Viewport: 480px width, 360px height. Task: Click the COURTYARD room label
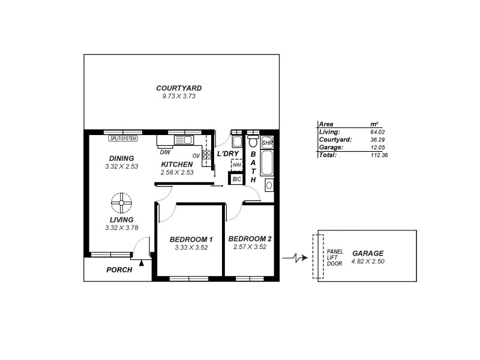[x=179, y=88]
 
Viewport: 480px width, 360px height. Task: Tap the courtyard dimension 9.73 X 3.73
[x=179, y=97]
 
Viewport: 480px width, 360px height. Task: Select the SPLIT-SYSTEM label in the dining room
[x=124, y=139]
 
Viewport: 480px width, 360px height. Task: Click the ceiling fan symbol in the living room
[x=122, y=203]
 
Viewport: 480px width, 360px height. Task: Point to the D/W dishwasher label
[x=164, y=152]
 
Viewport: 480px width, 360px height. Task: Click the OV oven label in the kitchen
[x=196, y=154]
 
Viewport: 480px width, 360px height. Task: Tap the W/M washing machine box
[x=236, y=164]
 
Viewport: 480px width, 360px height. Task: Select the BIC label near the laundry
[x=236, y=178]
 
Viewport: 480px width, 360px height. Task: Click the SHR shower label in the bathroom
[x=268, y=143]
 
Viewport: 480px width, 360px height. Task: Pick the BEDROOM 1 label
[x=190, y=238]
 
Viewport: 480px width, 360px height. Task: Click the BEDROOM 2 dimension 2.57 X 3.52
[x=250, y=247]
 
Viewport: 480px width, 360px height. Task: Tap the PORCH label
[x=119, y=270]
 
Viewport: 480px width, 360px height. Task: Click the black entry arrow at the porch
[x=142, y=262]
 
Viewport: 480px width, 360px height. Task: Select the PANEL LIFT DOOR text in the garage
[x=334, y=257]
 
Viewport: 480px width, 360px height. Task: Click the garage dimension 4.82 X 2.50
[x=368, y=262]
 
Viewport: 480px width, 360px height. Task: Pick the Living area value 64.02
[x=379, y=131]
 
